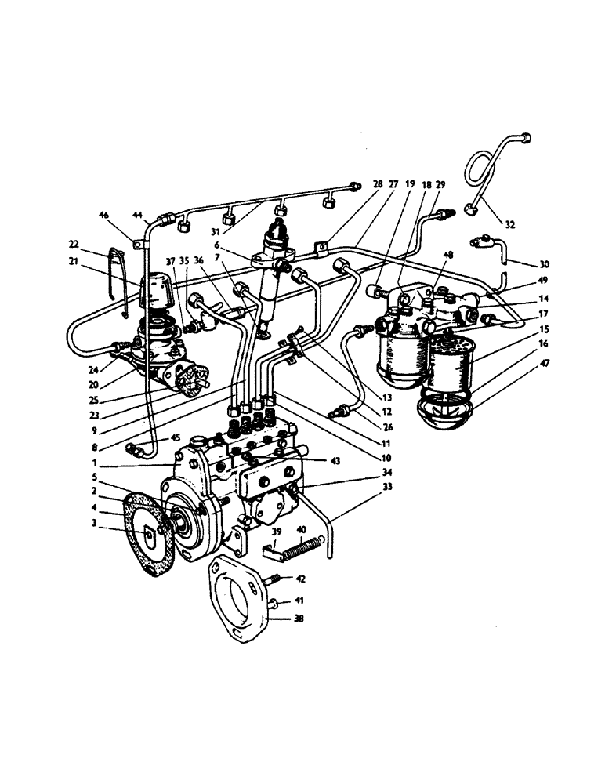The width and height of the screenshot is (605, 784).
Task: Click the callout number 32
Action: coord(510,224)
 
